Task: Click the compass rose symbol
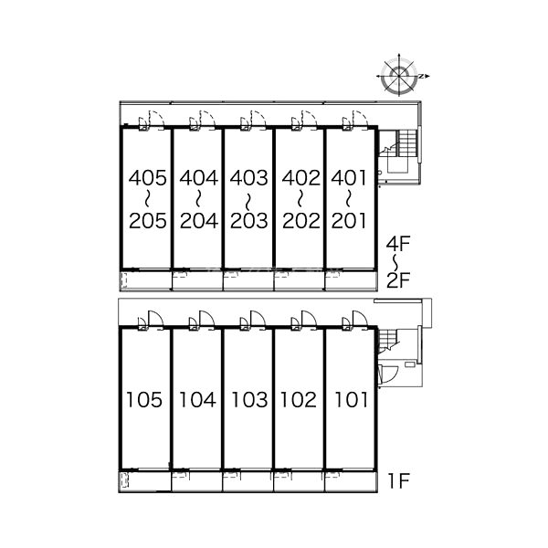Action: click(x=399, y=76)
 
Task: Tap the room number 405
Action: click(x=147, y=178)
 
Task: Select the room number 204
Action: click(x=199, y=221)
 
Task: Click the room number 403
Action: click(x=248, y=178)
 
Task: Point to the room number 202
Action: click(x=300, y=221)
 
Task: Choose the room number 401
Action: click(x=349, y=178)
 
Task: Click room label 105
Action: click(x=144, y=400)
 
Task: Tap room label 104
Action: click(x=197, y=400)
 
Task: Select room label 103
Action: click(x=249, y=400)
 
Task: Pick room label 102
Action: click(x=298, y=400)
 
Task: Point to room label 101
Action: click(x=351, y=400)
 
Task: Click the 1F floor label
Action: click(x=398, y=481)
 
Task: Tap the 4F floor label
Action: click(x=397, y=244)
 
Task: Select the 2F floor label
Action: click(x=397, y=280)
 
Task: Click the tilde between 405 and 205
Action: click(x=147, y=199)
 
